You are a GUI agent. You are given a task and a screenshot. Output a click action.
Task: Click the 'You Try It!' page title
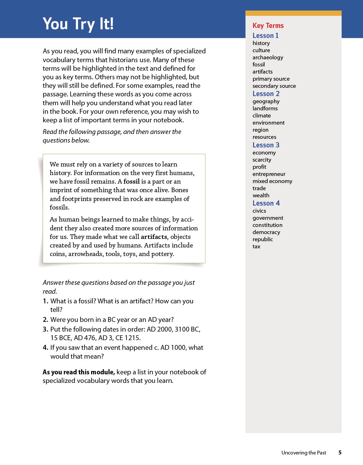(x=78, y=24)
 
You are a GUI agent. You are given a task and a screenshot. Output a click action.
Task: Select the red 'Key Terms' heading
(x=268, y=26)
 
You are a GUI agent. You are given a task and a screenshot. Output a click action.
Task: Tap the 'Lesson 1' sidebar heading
(x=265, y=36)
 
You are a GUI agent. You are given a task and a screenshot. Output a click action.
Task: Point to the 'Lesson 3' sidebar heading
(x=266, y=145)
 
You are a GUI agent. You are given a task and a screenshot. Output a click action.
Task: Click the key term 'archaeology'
(x=268, y=58)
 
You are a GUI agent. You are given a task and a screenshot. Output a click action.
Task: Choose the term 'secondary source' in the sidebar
(x=274, y=86)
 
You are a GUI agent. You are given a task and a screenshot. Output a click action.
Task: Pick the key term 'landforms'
(x=265, y=109)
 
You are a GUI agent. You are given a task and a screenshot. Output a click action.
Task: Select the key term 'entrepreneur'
(x=269, y=174)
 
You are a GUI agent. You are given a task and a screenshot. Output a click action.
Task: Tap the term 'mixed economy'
(x=272, y=181)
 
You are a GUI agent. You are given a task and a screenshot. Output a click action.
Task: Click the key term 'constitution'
(x=267, y=225)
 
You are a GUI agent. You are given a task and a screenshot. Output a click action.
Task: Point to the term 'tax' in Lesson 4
(x=256, y=247)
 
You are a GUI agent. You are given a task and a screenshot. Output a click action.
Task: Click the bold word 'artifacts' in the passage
(x=154, y=237)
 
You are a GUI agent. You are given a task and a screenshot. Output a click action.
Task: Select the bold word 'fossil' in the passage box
(x=132, y=182)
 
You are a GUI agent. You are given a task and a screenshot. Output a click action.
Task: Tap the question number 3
(x=45, y=330)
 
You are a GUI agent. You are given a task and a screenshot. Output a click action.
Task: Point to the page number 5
(x=340, y=453)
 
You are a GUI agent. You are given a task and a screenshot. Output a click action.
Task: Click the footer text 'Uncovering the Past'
(x=304, y=453)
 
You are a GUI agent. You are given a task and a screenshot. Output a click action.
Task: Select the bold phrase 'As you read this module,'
(x=79, y=372)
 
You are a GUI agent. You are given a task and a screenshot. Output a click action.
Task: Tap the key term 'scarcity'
(x=262, y=160)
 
